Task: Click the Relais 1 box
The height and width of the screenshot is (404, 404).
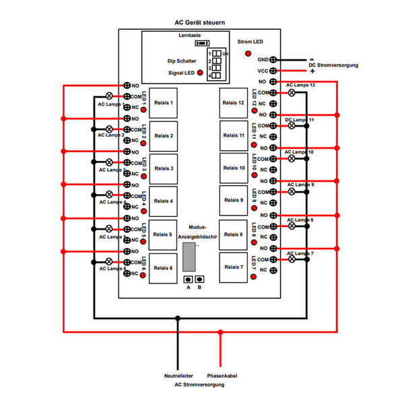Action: [x=163, y=104]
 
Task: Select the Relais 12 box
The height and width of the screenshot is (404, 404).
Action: [x=233, y=103]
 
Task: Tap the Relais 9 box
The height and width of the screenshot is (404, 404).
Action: [x=233, y=201]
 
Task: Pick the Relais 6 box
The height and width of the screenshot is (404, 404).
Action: [x=163, y=268]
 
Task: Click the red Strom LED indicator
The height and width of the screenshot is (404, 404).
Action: [x=248, y=53]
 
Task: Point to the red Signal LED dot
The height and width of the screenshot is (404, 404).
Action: [x=200, y=71]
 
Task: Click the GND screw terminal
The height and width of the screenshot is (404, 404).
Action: [x=273, y=60]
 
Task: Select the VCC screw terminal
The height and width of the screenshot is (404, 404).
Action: [x=273, y=71]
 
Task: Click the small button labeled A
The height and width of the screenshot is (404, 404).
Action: [x=189, y=279]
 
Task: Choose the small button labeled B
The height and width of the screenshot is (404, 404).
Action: [x=200, y=279]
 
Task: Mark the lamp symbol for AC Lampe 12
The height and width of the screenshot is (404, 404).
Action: [x=292, y=93]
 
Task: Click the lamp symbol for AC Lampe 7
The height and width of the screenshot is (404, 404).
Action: [x=292, y=259]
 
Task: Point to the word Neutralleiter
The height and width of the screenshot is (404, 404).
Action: [x=177, y=376]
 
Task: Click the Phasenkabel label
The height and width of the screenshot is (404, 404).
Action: [x=222, y=376]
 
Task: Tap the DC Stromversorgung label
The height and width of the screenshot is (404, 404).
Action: [x=333, y=65]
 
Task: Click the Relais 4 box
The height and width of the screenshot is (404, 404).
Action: [x=163, y=201]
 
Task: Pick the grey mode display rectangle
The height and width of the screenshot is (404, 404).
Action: [x=189, y=257]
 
